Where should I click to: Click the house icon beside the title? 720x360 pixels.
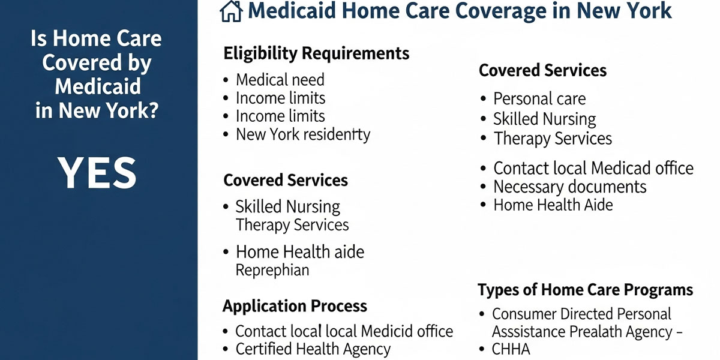[x=231, y=11]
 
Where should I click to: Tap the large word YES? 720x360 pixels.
[x=97, y=173]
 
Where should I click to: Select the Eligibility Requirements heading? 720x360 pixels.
[x=316, y=53]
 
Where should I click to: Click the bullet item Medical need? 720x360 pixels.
[x=280, y=80]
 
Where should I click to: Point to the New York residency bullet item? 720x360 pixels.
[x=303, y=134]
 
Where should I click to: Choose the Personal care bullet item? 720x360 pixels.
[x=539, y=98]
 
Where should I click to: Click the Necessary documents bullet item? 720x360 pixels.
[x=569, y=187]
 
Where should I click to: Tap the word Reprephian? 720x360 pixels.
[x=272, y=270]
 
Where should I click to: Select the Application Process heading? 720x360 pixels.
[x=295, y=306]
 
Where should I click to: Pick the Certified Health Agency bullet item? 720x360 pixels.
[x=313, y=349]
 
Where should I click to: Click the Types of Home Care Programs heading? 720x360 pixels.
[x=586, y=290]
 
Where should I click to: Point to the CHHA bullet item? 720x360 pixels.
[x=511, y=349]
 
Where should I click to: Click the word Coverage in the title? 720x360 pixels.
[x=501, y=11]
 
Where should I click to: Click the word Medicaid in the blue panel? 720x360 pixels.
[x=98, y=86]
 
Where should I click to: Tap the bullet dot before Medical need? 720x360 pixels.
[x=226, y=80]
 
